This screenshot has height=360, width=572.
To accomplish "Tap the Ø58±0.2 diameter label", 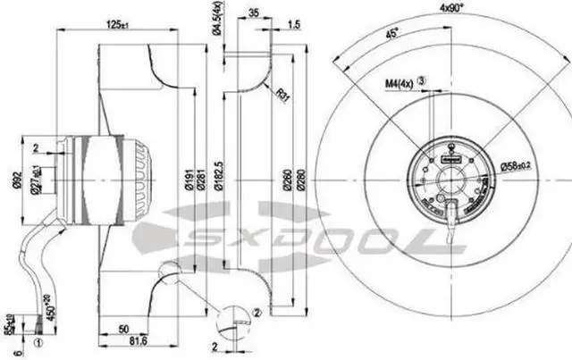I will point(516,165).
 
